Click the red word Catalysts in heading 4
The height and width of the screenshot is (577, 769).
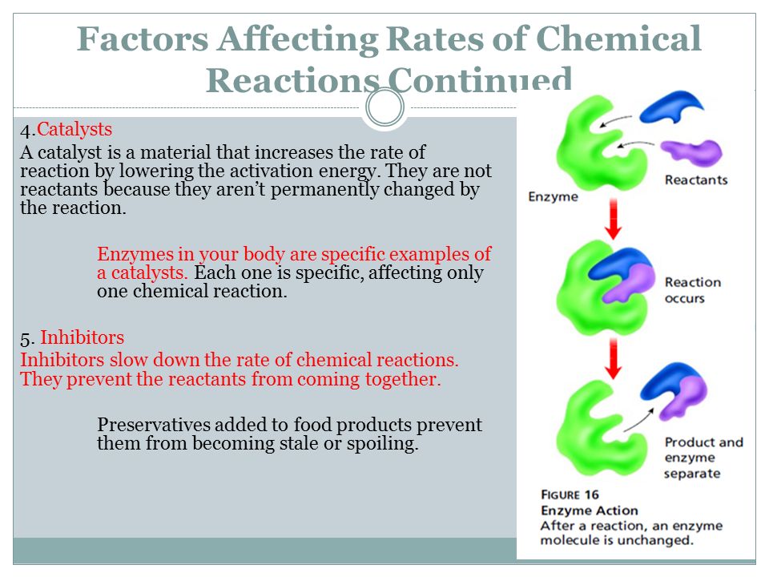(74, 130)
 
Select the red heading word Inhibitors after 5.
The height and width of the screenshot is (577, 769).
(82, 337)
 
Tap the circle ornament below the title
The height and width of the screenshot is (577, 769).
(385, 107)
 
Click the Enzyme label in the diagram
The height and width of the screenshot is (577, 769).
(553, 197)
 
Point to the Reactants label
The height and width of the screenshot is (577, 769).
(696, 180)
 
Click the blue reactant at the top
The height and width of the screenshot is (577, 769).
(671, 107)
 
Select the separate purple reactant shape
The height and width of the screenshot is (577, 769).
(692, 152)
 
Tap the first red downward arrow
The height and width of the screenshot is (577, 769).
(613, 219)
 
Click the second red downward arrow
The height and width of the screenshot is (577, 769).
(613, 359)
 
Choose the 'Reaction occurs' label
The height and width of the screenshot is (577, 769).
(693, 290)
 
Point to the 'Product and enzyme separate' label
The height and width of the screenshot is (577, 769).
(704, 458)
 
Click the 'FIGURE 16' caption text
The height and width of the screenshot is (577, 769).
(570, 494)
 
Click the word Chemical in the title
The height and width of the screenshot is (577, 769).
(618, 38)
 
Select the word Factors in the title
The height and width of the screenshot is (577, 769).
(143, 38)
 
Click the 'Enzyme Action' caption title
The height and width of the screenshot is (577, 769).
(590, 510)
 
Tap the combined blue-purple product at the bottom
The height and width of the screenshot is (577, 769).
(674, 391)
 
